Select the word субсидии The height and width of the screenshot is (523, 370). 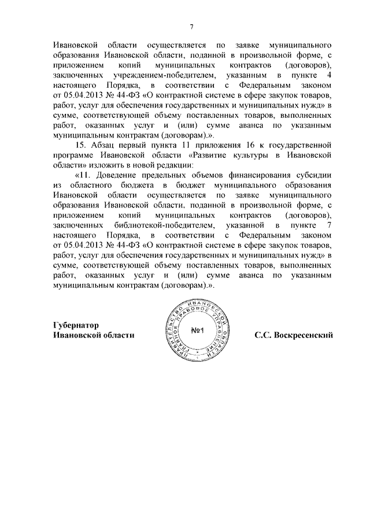[x=314, y=174]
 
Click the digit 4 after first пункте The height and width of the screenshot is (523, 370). [x=329, y=76]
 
